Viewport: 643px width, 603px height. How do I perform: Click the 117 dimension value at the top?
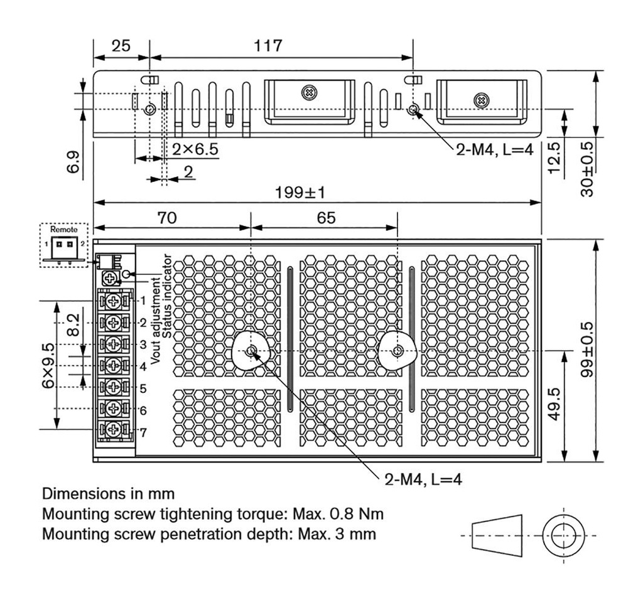[268, 45]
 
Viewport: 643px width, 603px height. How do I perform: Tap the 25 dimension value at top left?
[121, 45]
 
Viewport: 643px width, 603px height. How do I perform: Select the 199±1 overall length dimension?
[300, 192]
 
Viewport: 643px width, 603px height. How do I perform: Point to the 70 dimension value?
[167, 218]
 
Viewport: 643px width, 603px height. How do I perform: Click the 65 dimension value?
[326, 218]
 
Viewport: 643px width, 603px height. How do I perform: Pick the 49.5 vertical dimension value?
[554, 404]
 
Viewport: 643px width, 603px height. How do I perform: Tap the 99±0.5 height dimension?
[587, 350]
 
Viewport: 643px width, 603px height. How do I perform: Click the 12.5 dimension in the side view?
[554, 157]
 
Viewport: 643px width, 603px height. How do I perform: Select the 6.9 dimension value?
[73, 162]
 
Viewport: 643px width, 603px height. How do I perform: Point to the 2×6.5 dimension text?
[195, 149]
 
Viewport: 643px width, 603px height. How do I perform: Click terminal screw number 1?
[113, 301]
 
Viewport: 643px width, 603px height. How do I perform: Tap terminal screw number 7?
[113, 429]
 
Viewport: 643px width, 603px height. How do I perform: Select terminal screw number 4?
[113, 365]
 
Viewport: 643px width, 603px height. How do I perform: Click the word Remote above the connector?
[63, 229]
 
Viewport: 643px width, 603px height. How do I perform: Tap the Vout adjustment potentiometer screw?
[110, 278]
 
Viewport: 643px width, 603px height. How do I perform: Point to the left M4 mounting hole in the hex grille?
[251, 351]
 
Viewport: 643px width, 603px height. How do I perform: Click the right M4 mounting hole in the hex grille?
[397, 351]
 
